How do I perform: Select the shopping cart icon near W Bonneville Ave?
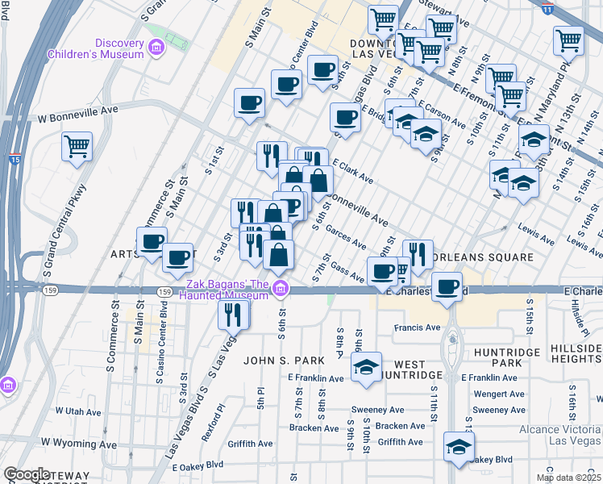[x=77, y=147]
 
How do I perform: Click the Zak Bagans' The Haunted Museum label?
[x=227, y=289]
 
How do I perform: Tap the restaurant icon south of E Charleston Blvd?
[x=233, y=314]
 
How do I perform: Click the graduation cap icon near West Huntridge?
[x=366, y=368]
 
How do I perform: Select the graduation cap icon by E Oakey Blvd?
[x=459, y=447]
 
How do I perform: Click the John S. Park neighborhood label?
[x=285, y=360]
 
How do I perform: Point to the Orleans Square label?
[x=480, y=258]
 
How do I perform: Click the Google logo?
[x=27, y=474]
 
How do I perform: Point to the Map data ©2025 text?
[x=568, y=478]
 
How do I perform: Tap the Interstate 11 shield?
[x=547, y=10]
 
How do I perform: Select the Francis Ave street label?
[x=418, y=328]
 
